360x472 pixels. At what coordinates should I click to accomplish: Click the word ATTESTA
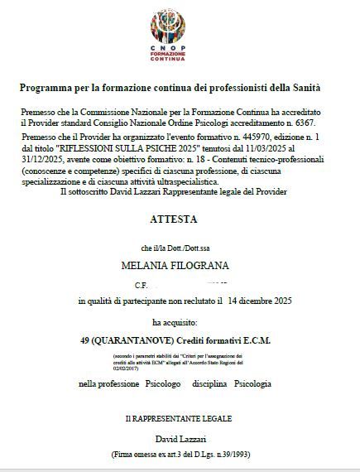coord(180,221)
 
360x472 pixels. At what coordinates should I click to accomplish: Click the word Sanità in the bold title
coord(303,87)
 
